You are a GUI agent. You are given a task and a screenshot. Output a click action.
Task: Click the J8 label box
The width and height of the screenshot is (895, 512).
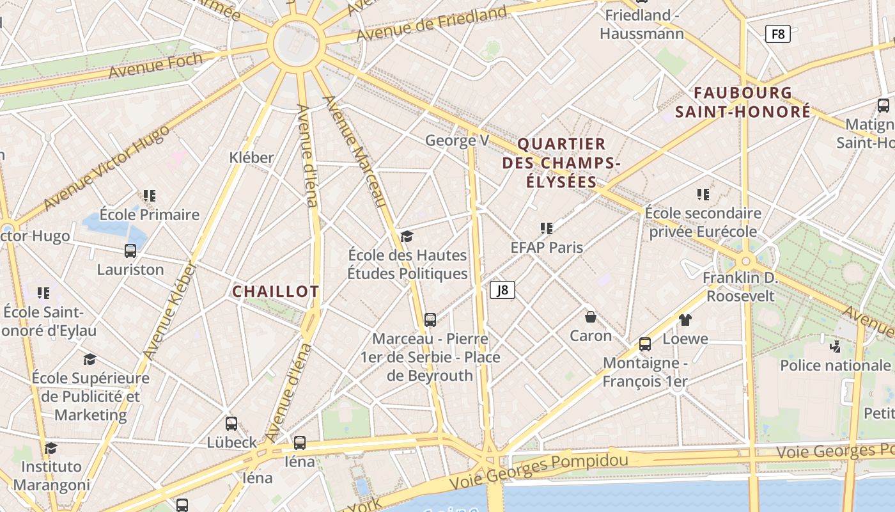pyautogui.click(x=502, y=290)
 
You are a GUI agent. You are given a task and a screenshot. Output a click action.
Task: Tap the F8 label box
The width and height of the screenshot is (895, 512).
pyautogui.click(x=778, y=34)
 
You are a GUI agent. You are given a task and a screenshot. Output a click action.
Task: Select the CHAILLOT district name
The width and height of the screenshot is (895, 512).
pyautogui.click(x=276, y=292)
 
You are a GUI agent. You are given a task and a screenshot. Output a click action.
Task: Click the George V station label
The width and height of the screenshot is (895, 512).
pyautogui.click(x=457, y=140)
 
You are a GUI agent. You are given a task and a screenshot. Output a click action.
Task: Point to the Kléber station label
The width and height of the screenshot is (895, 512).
pyautogui.click(x=251, y=157)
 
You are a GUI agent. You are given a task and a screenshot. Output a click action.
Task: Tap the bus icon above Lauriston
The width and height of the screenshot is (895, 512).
pyautogui.click(x=130, y=251)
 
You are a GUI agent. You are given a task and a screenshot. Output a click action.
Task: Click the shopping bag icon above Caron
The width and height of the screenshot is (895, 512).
pyautogui.click(x=591, y=317)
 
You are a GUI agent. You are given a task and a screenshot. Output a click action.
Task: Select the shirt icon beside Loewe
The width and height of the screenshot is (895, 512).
pyautogui.click(x=685, y=319)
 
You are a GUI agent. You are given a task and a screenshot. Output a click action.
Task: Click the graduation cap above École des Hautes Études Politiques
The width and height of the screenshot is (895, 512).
pyautogui.click(x=407, y=237)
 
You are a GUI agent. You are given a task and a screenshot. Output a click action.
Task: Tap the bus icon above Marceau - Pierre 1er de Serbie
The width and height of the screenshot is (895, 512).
pyautogui.click(x=430, y=320)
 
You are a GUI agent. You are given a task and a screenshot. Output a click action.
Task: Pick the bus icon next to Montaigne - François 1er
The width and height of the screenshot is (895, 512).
pyautogui.click(x=645, y=344)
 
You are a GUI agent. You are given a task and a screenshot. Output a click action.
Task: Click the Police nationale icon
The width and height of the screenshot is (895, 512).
pyautogui.click(x=835, y=347)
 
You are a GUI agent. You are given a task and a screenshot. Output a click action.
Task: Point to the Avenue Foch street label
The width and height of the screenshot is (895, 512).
pyautogui.click(x=156, y=66)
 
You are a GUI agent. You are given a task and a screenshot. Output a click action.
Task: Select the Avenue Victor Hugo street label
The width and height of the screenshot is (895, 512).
pyautogui.click(x=107, y=168)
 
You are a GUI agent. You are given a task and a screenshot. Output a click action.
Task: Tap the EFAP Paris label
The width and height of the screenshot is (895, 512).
pyautogui.click(x=547, y=247)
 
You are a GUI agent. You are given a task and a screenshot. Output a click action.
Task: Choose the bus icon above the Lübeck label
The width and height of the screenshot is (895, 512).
pyautogui.click(x=231, y=424)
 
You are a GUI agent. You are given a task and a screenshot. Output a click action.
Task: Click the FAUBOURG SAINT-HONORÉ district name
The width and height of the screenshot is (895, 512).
pyautogui.click(x=743, y=102)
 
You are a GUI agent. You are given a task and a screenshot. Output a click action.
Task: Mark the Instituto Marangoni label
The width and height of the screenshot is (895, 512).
pyautogui.click(x=52, y=476)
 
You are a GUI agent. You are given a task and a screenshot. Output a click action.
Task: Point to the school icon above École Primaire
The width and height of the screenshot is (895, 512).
pyautogui.click(x=150, y=196)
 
